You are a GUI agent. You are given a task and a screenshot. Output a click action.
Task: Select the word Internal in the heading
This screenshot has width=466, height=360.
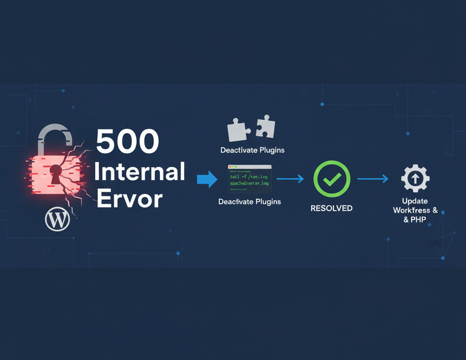(139, 172)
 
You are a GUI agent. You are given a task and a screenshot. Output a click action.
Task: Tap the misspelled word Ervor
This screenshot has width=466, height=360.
(130, 199)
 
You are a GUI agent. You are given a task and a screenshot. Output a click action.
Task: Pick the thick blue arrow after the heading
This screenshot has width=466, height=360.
(207, 180)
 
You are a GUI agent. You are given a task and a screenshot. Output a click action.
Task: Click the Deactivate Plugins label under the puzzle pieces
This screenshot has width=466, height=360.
(252, 150)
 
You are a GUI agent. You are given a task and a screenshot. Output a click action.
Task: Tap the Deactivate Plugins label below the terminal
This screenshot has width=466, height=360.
(250, 201)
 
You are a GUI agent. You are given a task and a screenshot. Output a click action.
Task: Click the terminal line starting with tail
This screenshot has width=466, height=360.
(249, 176)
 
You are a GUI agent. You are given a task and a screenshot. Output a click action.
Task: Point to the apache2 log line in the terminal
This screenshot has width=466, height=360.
(249, 183)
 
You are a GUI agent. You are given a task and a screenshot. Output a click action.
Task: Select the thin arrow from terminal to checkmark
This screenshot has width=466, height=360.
(290, 179)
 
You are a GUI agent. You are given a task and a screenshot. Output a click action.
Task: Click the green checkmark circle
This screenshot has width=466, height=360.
(332, 179)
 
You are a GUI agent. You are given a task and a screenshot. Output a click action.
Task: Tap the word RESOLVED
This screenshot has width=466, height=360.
(331, 208)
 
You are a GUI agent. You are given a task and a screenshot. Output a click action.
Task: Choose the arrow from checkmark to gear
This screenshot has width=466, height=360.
(373, 179)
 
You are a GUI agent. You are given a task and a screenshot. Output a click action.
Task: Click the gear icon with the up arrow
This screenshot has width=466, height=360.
(415, 179)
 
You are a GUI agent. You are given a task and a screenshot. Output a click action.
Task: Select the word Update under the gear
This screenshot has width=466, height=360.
(415, 201)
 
